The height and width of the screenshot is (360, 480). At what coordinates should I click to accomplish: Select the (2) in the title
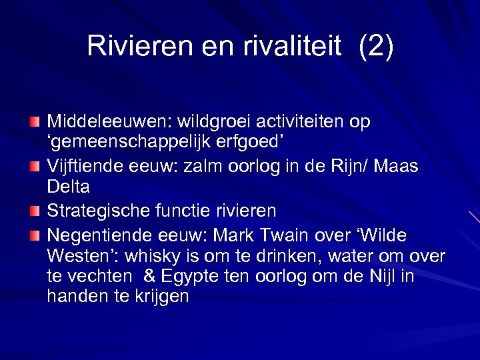[x=376, y=46]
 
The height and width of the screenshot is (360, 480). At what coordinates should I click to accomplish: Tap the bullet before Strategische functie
[x=35, y=211]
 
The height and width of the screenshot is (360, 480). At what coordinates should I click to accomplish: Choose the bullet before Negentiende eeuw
[x=35, y=235]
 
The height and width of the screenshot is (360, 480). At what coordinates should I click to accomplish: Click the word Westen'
[x=75, y=256]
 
